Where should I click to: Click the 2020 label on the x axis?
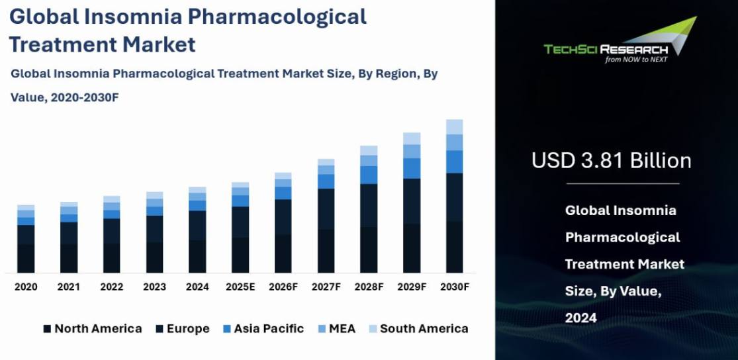[26, 287]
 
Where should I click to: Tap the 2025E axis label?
[240, 287]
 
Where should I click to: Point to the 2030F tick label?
[454, 287]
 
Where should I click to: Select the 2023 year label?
[154, 287]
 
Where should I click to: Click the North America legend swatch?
[47, 329]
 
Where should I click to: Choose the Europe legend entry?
[182, 329]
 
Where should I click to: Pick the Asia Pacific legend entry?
[263, 329]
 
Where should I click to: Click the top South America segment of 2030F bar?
[454, 127]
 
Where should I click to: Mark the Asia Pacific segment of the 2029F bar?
[412, 168]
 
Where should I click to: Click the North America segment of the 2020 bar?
[26, 258]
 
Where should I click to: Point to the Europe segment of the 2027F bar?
[326, 208]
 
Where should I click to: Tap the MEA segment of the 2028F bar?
[369, 161]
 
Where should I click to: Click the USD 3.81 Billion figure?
[612, 161]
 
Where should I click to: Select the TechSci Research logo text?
[605, 49]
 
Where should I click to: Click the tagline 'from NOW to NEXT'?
[636, 60]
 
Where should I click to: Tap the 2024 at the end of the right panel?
[580, 318]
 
